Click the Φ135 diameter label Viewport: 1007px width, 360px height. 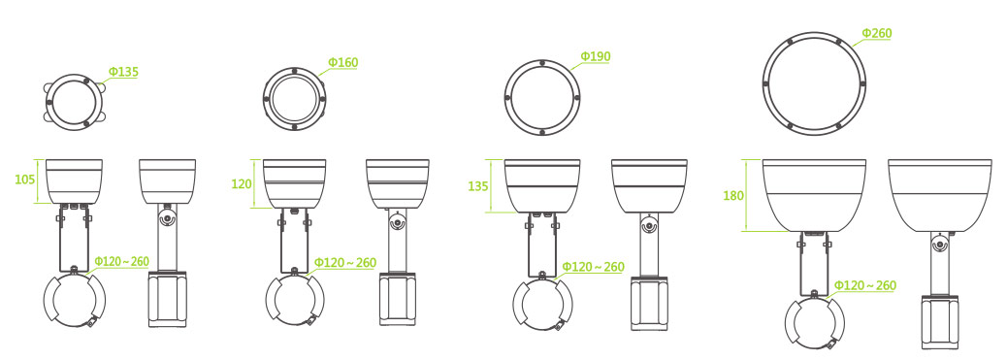coord(123,72)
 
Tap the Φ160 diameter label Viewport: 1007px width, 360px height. coord(343,62)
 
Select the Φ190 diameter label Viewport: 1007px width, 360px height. coord(596,56)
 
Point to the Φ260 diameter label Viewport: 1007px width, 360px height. coord(877,33)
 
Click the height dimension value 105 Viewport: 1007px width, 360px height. coord(24,180)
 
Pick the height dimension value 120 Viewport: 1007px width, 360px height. coord(242,184)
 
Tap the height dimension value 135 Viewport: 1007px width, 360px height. coord(478,186)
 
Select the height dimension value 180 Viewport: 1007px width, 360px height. coord(733,196)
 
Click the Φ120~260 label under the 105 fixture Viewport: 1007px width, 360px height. coord(122,261)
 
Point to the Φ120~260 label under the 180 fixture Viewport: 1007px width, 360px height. coord(865,285)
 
